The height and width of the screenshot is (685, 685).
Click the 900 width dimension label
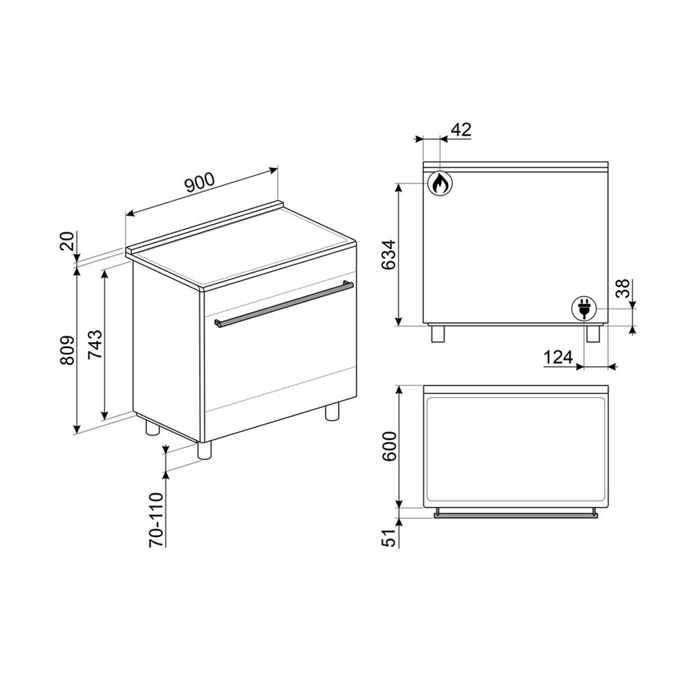coord(199,182)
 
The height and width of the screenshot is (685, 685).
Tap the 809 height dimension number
coord(67,350)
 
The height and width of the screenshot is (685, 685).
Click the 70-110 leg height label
coord(156,519)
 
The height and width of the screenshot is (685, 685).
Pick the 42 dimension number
coord(460,129)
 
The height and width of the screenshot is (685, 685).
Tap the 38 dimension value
coord(624,288)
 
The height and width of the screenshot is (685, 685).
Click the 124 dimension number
coord(558,358)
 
